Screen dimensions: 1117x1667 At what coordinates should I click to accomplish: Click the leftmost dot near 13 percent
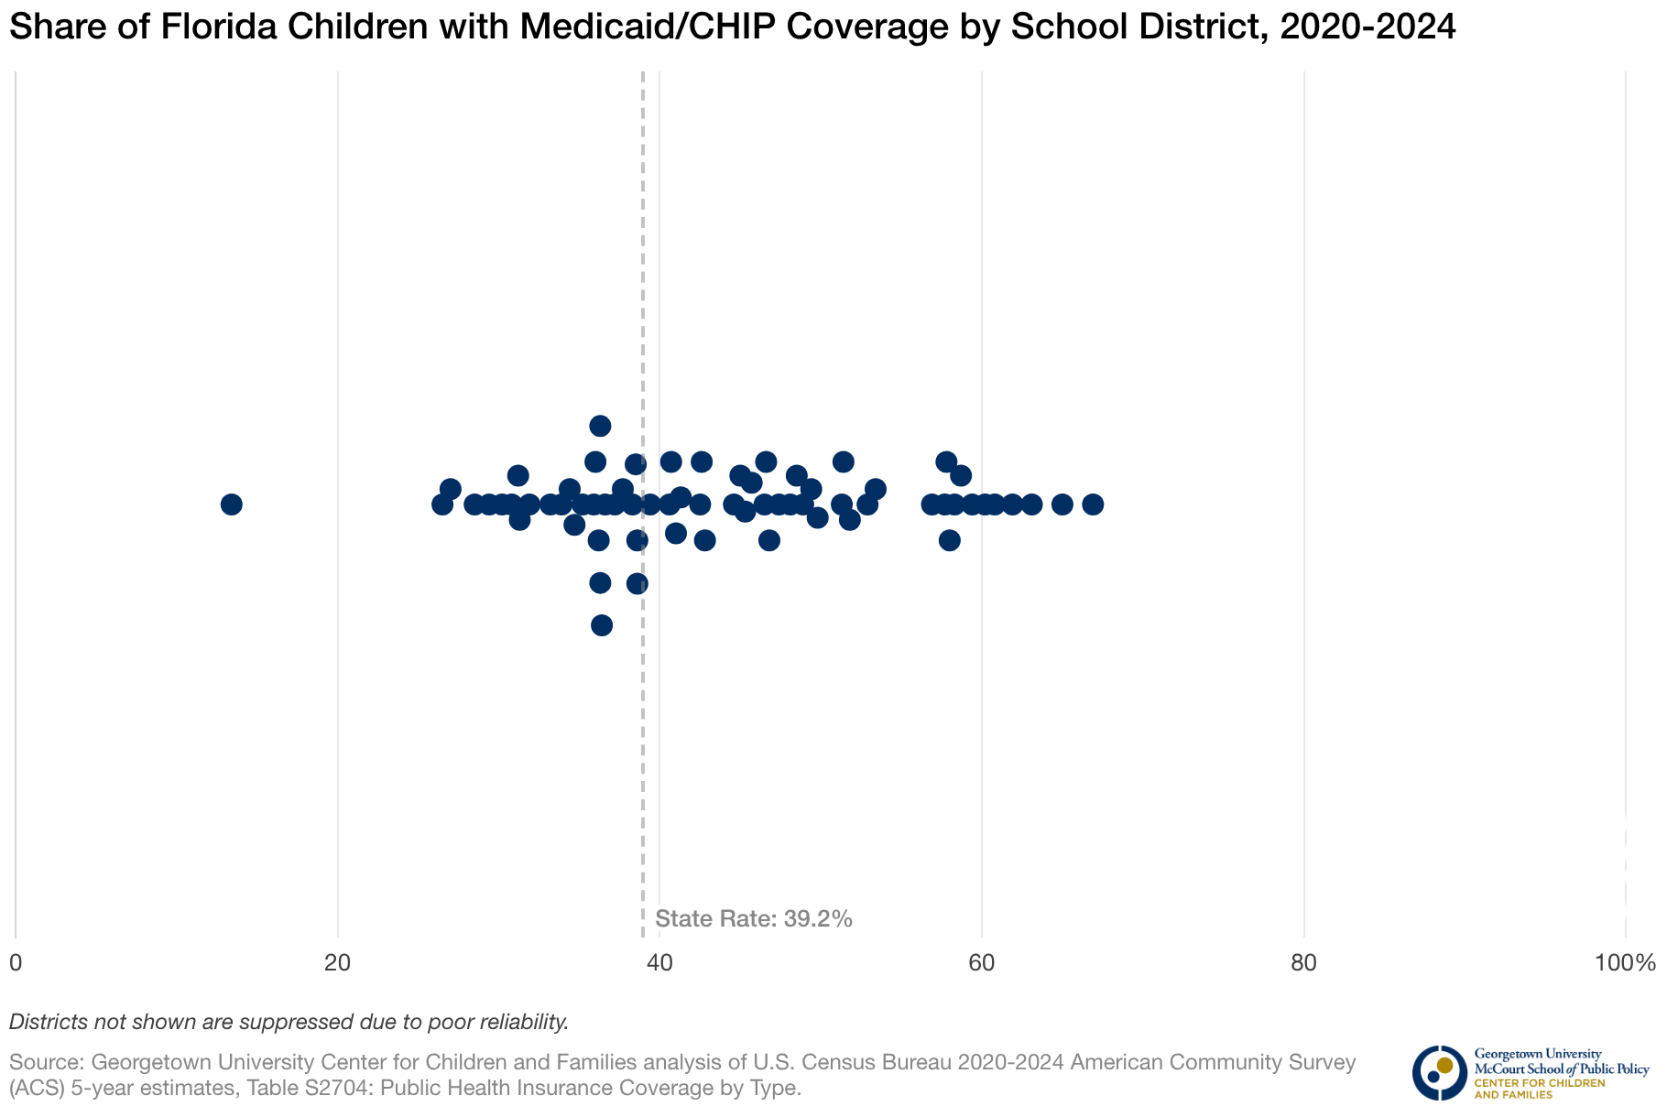(x=232, y=504)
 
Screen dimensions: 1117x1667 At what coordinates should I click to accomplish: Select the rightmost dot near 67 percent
(x=1093, y=504)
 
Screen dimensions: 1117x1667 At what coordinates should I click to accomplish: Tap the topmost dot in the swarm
(x=600, y=426)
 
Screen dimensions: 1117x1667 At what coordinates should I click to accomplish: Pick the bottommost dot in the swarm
(x=602, y=625)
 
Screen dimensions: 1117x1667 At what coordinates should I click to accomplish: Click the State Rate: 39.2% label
(x=754, y=919)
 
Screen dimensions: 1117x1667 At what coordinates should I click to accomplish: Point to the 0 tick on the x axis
(x=16, y=963)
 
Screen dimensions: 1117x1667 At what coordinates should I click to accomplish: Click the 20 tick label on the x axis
(x=338, y=963)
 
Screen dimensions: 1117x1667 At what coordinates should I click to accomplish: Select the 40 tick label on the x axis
(x=659, y=963)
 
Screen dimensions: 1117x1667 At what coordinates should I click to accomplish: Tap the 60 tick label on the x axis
(x=982, y=963)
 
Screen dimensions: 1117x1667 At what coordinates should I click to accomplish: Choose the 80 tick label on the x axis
(x=1303, y=963)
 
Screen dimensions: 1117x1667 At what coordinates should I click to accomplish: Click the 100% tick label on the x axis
(x=1624, y=963)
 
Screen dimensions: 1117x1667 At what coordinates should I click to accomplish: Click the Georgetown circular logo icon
(x=1439, y=1072)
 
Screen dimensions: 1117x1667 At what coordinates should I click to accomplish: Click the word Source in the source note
(x=46, y=1063)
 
